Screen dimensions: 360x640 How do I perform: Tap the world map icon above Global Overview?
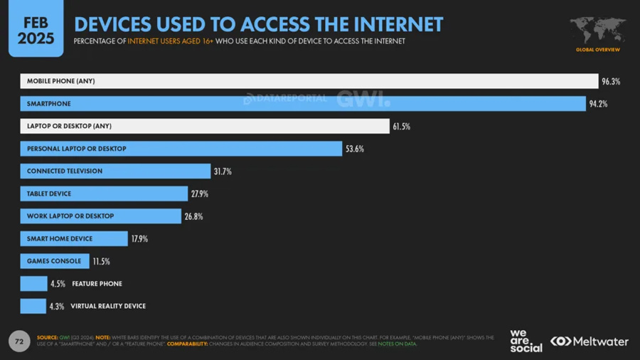[597, 31]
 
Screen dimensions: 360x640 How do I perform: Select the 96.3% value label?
[611, 81]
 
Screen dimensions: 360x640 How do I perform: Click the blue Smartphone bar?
[302, 104]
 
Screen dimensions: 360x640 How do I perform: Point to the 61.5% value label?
[401, 127]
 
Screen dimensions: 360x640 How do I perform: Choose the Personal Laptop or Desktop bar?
[181, 149]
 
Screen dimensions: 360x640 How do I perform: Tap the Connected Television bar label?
[65, 171]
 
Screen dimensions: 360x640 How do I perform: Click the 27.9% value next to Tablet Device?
[199, 194]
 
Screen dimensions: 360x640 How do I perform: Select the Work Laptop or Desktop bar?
[100, 216]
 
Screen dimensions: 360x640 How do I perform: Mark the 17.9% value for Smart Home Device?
[139, 239]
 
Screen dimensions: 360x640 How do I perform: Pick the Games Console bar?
[55, 261]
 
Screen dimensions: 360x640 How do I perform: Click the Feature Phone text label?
[97, 284]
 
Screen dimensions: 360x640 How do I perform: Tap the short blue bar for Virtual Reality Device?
[33, 306]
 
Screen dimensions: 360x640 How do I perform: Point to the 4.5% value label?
[58, 284]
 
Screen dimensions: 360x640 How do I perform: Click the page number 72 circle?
[19, 342]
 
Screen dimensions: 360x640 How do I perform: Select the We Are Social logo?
[526, 341]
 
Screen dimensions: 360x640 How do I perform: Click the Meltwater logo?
[590, 342]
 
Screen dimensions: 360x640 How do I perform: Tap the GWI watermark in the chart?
[363, 99]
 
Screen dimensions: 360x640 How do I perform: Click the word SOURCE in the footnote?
[47, 337]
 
